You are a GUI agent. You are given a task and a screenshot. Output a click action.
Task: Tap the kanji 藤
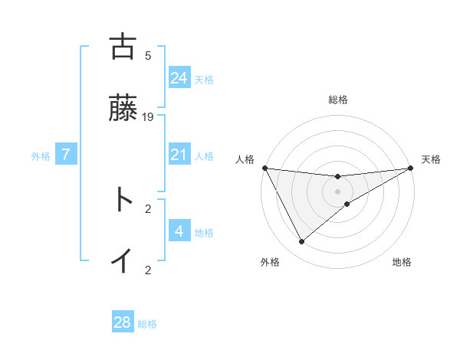coord(122,110)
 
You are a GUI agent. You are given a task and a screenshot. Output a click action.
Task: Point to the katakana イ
coord(122,260)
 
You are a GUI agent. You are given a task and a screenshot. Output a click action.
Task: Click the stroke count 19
coord(148,117)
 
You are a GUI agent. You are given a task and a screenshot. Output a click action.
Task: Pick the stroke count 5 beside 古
coord(148,55)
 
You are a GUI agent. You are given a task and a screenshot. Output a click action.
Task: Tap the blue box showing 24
coord(179,78)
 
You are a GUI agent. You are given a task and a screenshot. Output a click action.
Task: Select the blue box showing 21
coord(179,155)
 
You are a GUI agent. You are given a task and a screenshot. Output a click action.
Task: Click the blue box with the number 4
coord(179,231)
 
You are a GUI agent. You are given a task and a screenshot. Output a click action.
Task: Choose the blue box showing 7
coord(67,155)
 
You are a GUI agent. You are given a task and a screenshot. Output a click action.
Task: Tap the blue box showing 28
coord(123,322)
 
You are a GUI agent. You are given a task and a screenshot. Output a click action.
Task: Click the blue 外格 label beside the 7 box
coord(41,156)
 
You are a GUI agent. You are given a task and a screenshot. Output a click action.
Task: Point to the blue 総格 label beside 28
coord(147,324)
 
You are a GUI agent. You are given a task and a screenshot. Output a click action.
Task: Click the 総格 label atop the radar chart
coord(338,100)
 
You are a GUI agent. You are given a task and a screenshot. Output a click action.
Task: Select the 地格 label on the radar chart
coord(402,262)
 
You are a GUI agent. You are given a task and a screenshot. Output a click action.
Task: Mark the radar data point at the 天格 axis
coord(411,169)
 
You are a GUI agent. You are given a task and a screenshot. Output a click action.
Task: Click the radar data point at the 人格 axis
coord(264,168)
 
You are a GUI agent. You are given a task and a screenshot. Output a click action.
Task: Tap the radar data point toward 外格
coord(301,242)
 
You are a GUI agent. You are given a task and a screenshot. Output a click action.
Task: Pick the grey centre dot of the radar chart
coord(338,191)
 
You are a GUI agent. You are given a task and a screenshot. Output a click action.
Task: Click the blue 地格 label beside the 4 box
coord(204,233)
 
